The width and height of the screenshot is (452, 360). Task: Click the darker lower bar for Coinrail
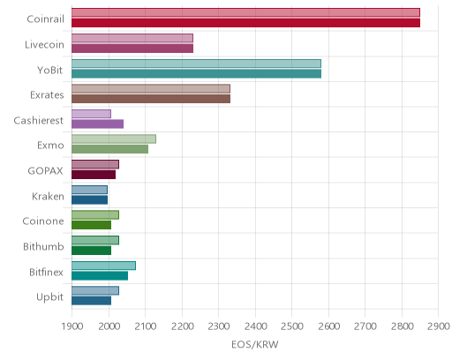(x=245, y=23)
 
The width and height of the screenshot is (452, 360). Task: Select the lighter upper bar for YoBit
(x=196, y=64)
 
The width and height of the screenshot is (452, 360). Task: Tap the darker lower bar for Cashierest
(x=97, y=124)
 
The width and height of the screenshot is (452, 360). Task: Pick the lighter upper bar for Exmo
(x=114, y=139)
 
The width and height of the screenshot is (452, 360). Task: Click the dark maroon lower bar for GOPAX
(x=94, y=175)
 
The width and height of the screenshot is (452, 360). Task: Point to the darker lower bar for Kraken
(x=89, y=200)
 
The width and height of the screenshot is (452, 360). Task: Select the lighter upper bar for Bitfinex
(x=103, y=266)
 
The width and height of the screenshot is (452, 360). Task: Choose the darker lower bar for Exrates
(x=151, y=99)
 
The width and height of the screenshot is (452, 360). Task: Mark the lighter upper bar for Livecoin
(x=132, y=38)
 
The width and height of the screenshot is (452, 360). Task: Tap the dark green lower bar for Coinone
(x=91, y=225)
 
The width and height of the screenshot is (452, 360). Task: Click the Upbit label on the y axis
(x=49, y=297)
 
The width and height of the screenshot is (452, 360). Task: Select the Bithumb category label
(x=43, y=246)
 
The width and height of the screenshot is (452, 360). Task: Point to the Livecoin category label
(x=44, y=45)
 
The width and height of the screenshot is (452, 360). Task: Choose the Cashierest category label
(x=39, y=121)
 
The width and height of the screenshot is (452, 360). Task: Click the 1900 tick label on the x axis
(x=72, y=326)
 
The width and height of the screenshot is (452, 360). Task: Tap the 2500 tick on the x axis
(x=292, y=326)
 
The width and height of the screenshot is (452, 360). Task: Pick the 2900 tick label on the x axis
(x=439, y=326)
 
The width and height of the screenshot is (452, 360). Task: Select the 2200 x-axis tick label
(x=182, y=326)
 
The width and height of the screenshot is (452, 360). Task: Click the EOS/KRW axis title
(x=255, y=344)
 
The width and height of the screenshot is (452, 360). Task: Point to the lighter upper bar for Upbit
(x=95, y=290)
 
